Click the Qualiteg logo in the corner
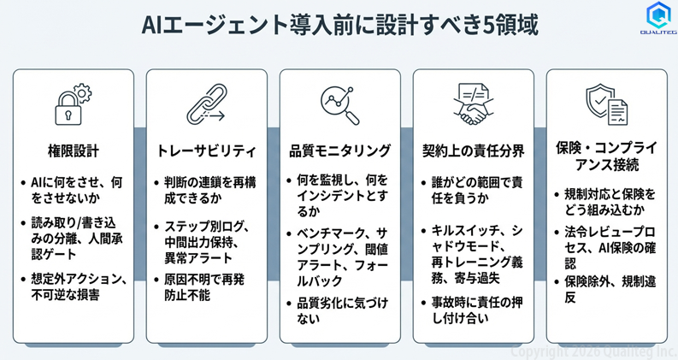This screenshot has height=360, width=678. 658,18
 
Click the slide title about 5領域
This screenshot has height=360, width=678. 340,24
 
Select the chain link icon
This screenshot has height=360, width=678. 207,104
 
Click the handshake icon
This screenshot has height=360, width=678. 473,104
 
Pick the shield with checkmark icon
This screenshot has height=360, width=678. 606,104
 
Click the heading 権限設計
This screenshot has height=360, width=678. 73,151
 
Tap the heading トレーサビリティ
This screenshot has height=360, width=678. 207,151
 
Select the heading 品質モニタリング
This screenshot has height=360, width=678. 340,151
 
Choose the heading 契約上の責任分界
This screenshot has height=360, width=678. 473,151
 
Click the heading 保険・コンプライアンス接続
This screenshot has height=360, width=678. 606,156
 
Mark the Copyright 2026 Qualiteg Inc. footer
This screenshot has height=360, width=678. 593,351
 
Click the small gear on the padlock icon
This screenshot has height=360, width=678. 82,93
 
